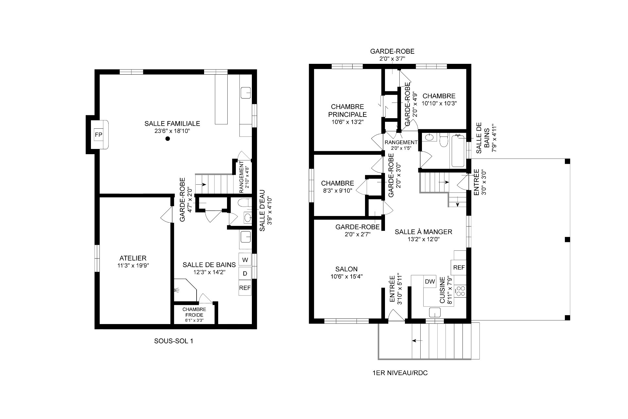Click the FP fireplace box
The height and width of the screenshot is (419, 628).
(x=98, y=135)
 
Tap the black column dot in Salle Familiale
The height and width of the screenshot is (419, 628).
(x=168, y=139)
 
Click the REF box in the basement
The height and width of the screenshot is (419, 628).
(x=245, y=288)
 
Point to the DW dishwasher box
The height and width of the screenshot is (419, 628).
(x=430, y=282)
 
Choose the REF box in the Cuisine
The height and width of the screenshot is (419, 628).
(x=459, y=267)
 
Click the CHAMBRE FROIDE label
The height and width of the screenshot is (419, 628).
(x=194, y=312)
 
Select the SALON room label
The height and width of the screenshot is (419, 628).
(x=346, y=269)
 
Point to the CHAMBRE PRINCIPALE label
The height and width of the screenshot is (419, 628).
(x=347, y=111)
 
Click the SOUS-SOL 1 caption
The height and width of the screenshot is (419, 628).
(x=174, y=341)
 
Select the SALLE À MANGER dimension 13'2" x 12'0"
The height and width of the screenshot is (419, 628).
(x=423, y=239)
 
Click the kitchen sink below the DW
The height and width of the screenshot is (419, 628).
(x=435, y=312)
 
